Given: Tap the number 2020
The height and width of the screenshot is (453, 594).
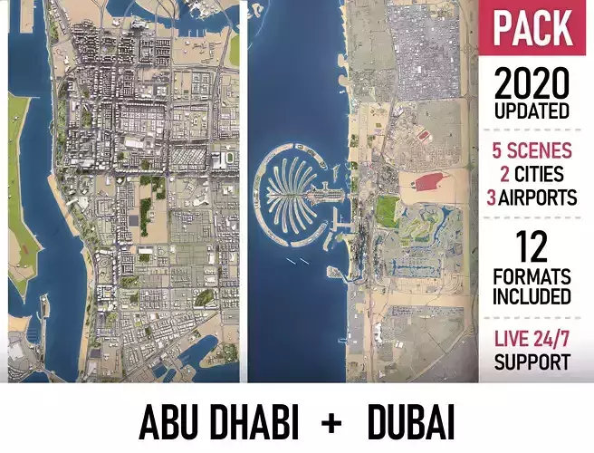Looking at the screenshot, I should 532,86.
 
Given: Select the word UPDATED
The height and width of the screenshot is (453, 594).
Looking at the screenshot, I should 532,111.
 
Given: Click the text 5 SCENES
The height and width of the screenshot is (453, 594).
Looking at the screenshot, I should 532,150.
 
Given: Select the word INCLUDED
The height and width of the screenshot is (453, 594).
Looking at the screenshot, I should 532,296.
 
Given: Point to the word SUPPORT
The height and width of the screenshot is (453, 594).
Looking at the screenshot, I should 532,362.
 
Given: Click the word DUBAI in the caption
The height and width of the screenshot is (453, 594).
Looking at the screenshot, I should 411,423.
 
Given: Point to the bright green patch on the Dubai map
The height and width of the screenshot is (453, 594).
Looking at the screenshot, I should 387,211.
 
